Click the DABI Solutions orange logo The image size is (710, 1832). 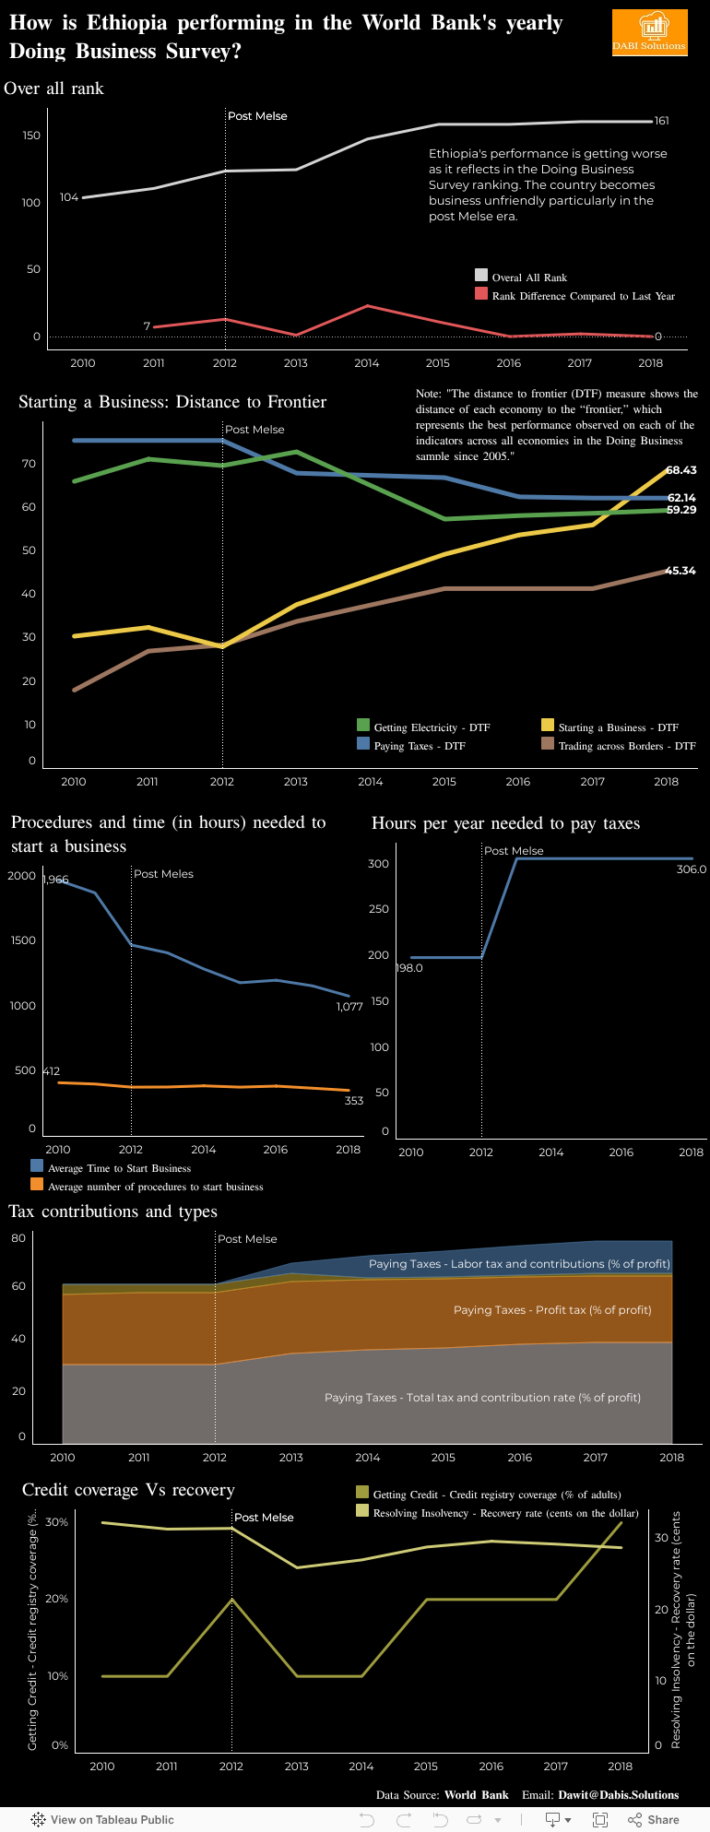pos(650,32)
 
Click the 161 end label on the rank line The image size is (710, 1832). pos(662,121)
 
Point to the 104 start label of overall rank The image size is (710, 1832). pos(69,197)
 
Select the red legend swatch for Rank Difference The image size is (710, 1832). pos(481,294)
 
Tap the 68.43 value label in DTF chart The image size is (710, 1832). pos(681,470)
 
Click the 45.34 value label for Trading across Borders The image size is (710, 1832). pos(680,571)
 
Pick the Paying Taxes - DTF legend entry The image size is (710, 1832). pos(420,746)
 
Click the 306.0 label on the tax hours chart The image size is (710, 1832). pos(692,869)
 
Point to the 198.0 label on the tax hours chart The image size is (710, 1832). pos(409,968)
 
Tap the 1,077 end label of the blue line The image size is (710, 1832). pos(349,1007)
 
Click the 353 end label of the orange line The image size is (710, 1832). pos(354,1101)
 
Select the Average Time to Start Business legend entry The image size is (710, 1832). pos(119,1168)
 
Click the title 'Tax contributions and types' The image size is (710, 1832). pos(113,1211)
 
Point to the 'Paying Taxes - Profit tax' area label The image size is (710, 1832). pos(552,1310)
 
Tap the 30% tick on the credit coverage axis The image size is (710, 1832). pos(57,1522)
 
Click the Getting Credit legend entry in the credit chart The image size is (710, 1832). pos(496,1495)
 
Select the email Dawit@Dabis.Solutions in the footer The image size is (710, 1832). pos(618,1795)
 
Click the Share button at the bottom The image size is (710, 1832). pos(654,1820)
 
